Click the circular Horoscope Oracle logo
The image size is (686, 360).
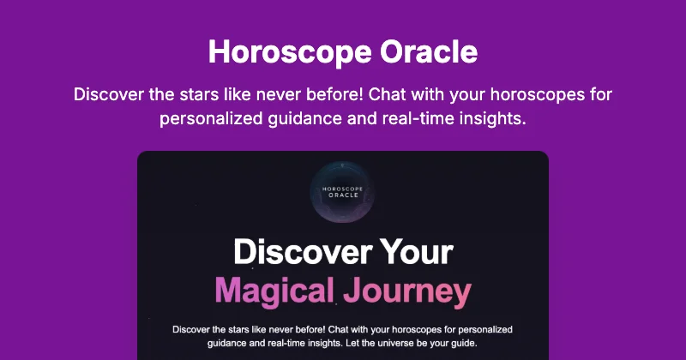tap(343, 190)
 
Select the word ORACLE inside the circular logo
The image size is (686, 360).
tap(343, 194)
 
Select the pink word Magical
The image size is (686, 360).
tap(274, 291)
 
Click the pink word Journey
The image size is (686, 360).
tap(407, 291)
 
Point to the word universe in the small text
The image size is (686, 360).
tap(400, 343)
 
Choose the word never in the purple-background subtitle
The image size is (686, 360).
tap(294, 93)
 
